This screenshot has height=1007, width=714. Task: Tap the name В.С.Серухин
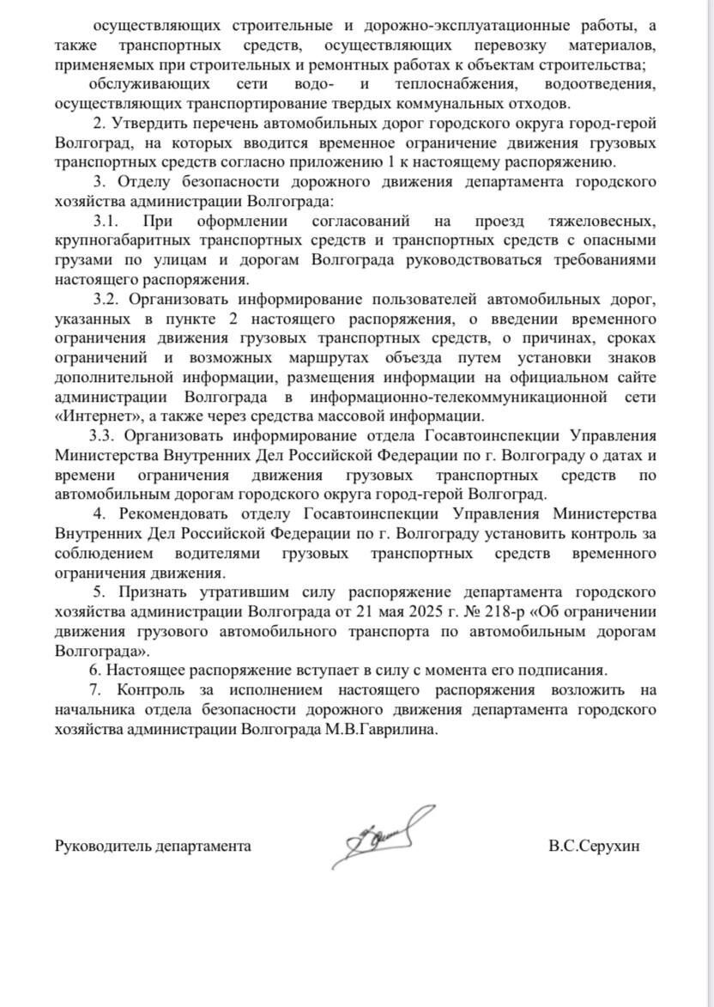point(594,846)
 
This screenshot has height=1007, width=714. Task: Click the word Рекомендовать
point(178,513)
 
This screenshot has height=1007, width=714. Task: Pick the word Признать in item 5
point(146,592)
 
